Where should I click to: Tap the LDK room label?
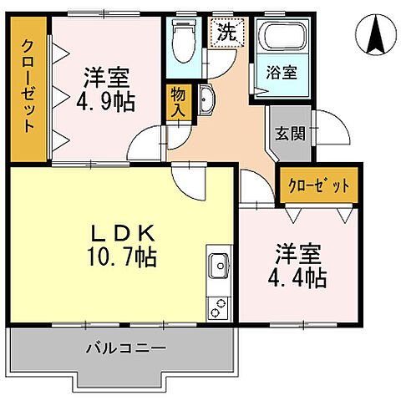[x=118, y=232]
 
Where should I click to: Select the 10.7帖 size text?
[x=118, y=257]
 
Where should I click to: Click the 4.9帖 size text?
[x=107, y=103]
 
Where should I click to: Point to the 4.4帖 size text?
[x=297, y=277]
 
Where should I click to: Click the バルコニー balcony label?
[x=124, y=347]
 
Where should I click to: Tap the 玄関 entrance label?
[x=289, y=131]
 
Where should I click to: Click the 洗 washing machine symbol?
[x=226, y=34]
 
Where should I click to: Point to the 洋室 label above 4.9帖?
[x=107, y=79]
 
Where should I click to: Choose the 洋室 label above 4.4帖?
[x=297, y=253]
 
